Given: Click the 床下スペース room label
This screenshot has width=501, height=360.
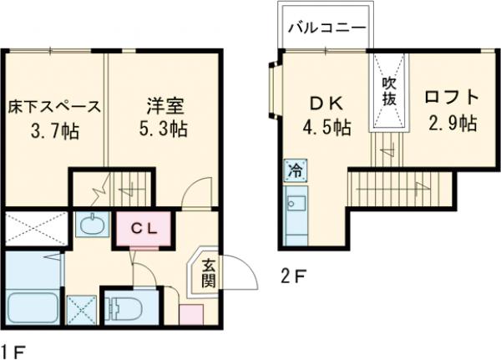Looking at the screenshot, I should [54, 107].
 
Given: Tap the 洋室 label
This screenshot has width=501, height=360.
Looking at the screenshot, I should [162, 107].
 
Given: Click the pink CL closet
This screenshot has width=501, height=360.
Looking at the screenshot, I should [145, 226].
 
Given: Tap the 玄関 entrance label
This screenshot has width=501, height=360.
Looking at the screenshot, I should [207, 273].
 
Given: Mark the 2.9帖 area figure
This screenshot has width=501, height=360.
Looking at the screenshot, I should [452, 124].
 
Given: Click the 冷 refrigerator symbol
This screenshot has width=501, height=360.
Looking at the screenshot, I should [295, 170].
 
